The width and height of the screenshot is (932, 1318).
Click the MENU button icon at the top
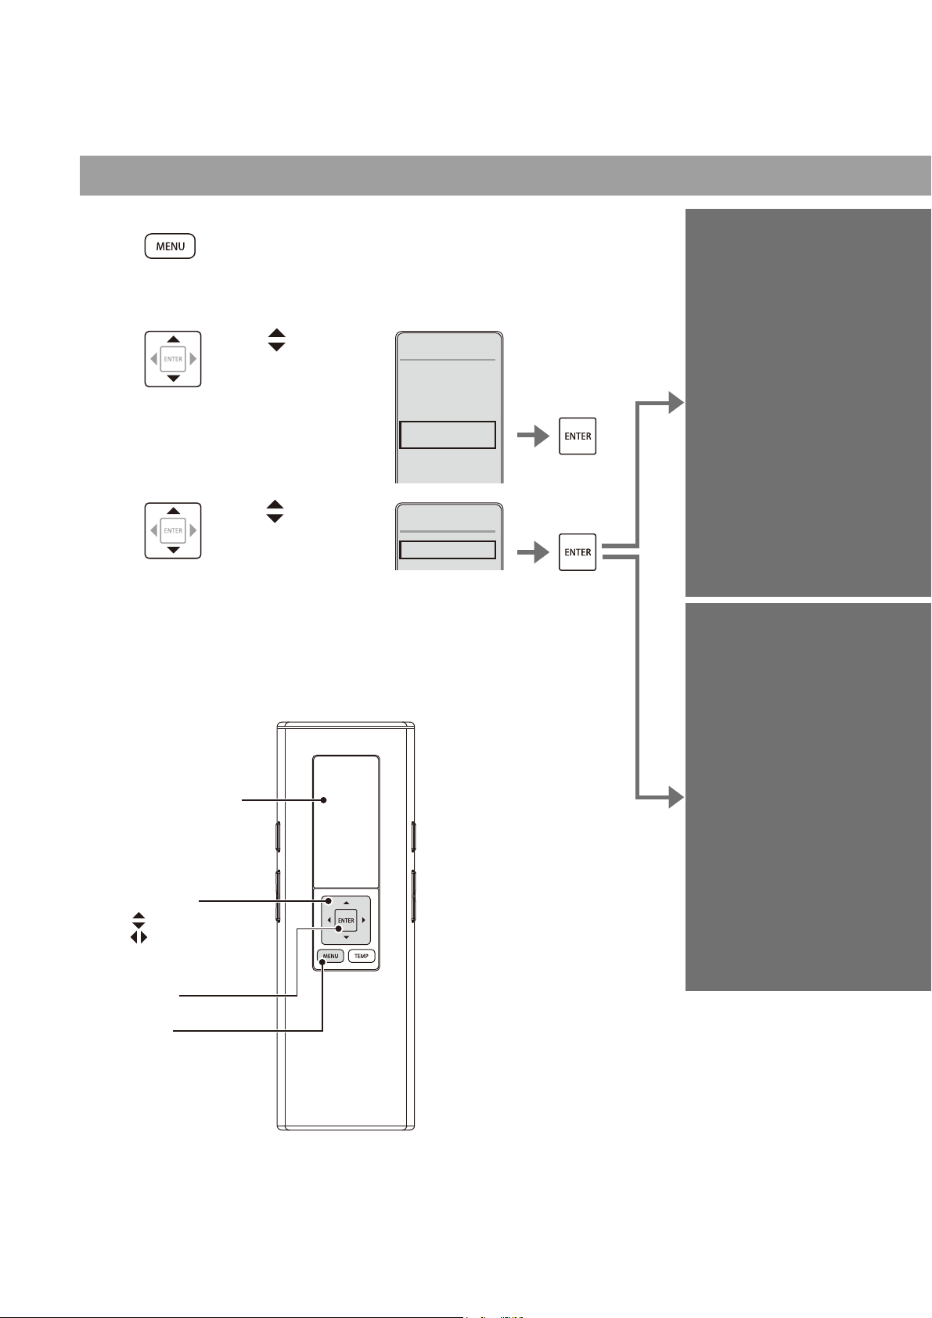tap(170, 246)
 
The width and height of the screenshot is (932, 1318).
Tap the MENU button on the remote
tap(330, 956)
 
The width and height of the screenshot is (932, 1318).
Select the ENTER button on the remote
tap(346, 920)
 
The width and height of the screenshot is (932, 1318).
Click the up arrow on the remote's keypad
tap(346, 903)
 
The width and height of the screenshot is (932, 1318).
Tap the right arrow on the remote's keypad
tap(364, 920)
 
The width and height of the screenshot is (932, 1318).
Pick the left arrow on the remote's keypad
tap(329, 920)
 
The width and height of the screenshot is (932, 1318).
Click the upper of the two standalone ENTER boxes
tap(577, 436)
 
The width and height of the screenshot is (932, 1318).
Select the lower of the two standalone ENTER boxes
tap(577, 552)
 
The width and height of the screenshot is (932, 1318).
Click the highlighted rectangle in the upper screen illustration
tap(448, 435)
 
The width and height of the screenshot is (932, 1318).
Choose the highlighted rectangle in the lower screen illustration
tap(448, 550)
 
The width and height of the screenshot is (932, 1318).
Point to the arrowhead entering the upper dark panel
tap(676, 403)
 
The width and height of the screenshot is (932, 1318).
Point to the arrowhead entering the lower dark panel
tap(676, 797)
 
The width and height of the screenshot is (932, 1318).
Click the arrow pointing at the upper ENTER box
tap(534, 436)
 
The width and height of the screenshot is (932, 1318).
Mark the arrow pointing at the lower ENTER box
tap(534, 552)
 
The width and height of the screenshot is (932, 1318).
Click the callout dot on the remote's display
tap(323, 800)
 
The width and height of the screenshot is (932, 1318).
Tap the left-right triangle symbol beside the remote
tap(139, 937)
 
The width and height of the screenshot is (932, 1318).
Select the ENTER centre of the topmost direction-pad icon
tap(173, 359)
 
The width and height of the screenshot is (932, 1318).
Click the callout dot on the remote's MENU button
tap(322, 962)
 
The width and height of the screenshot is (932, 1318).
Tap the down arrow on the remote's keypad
tap(346, 937)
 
